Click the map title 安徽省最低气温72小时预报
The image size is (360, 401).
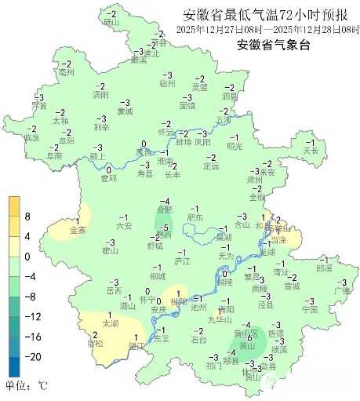click(265, 15)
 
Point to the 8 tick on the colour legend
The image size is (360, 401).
click(27, 216)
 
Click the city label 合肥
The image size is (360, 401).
click(164, 210)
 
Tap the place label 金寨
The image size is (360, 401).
click(78, 231)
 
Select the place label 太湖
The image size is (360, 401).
click(110, 323)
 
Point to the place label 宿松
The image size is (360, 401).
click(95, 344)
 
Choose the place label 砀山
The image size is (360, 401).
click(111, 23)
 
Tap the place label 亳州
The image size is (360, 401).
click(66, 72)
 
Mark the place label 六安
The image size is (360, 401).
click(123, 225)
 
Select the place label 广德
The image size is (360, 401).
click(341, 290)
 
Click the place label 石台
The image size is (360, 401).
click(198, 339)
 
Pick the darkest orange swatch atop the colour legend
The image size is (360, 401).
click(14, 206)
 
